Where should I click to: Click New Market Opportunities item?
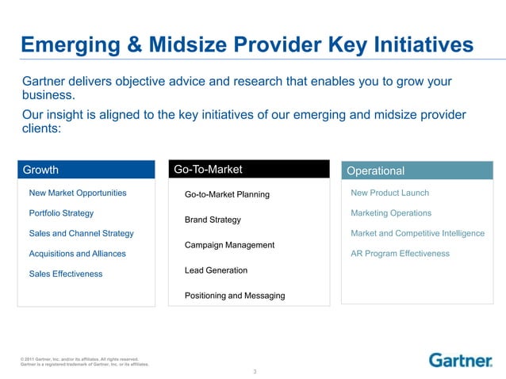point(77,193)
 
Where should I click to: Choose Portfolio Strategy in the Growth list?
point(61,213)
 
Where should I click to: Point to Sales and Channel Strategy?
point(81,233)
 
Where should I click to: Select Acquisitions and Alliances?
point(77,254)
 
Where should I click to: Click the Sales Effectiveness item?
point(66,274)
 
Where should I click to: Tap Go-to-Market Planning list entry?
point(227,194)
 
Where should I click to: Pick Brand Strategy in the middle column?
point(212,220)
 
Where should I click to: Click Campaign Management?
point(229,245)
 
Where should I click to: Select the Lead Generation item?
point(216,270)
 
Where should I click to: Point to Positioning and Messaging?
point(234,296)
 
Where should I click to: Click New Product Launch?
point(389,193)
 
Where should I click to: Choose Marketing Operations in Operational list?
point(391,213)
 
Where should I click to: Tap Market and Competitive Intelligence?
point(417,233)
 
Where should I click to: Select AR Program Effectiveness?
point(400,254)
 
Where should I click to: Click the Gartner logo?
point(460,360)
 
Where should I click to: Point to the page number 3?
point(254,371)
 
